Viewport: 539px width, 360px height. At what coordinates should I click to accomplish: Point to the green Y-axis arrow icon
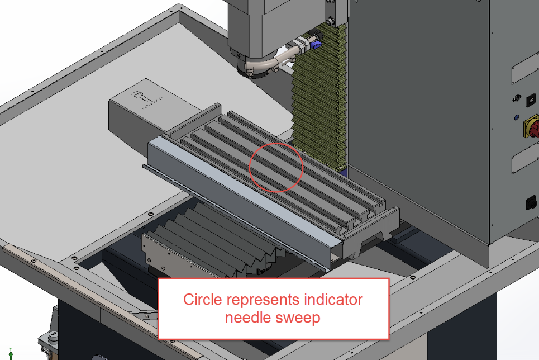point(11,353)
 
